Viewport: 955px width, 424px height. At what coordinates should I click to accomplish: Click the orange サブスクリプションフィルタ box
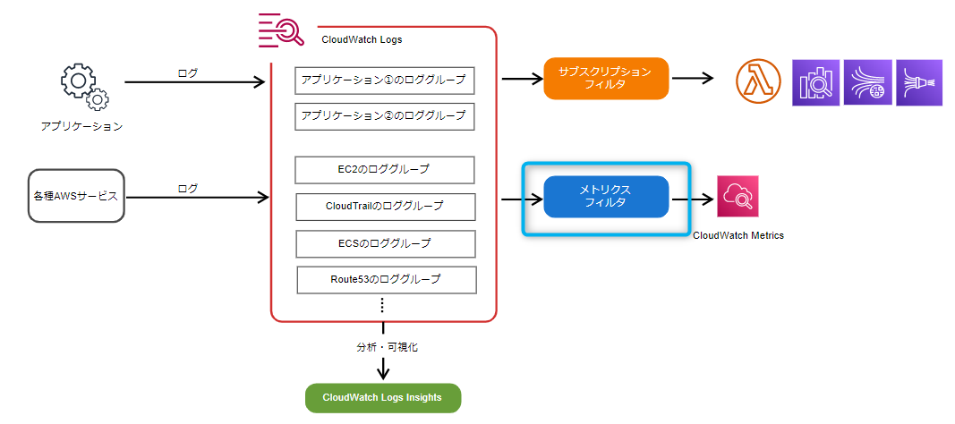pos(606,79)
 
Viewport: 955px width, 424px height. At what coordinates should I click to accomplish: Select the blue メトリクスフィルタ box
pos(606,197)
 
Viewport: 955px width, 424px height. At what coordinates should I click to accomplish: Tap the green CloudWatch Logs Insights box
pos(382,398)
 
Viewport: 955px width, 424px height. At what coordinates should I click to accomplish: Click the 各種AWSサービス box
pos(76,196)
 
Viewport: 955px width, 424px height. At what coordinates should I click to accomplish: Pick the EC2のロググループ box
pos(384,170)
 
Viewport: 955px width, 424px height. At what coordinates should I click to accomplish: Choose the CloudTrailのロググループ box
pos(385,207)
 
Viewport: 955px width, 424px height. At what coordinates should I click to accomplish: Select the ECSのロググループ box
pos(385,243)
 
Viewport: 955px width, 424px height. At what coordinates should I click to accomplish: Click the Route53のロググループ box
pos(386,280)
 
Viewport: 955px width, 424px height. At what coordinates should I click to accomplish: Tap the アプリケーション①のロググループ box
pos(384,80)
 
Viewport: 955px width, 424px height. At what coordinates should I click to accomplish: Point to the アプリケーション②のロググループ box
pos(384,115)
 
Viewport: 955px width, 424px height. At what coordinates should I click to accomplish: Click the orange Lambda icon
pos(758,82)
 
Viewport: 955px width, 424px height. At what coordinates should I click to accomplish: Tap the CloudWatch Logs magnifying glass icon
pos(281,30)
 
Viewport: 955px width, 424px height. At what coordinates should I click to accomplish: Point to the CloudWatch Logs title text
pos(362,40)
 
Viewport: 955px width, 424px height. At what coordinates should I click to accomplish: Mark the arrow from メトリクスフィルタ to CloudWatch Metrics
pos(691,198)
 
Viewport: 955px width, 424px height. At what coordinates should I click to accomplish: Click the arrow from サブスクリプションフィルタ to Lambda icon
pos(691,79)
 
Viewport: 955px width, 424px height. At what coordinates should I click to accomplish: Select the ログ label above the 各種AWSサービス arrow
pos(188,189)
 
